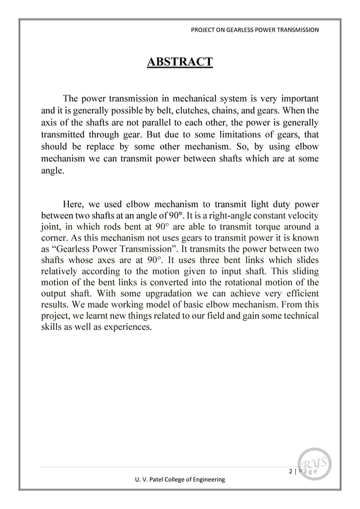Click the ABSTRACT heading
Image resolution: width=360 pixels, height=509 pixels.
pyautogui.click(x=179, y=61)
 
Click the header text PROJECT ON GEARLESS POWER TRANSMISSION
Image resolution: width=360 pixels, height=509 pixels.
pyautogui.click(x=256, y=29)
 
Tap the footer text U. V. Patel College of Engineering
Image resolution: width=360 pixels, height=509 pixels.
pyautogui.click(x=177, y=479)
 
